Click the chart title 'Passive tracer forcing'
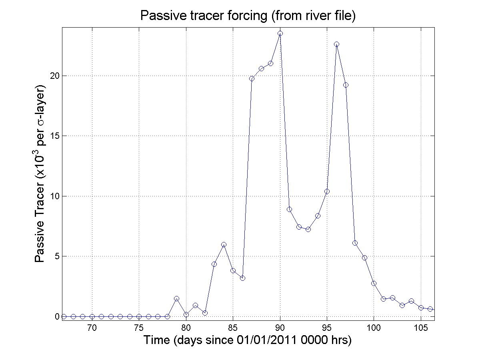(248, 16)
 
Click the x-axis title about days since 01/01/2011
(248, 340)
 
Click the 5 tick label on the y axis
(57, 256)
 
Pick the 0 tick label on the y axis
(57, 316)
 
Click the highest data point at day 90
(280, 34)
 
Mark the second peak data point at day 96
(336, 44)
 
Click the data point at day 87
(252, 78)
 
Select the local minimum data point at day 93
(308, 229)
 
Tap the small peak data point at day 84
(224, 244)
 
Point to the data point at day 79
(177, 299)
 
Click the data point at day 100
(374, 283)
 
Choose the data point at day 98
(355, 243)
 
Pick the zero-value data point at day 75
(139, 316)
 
